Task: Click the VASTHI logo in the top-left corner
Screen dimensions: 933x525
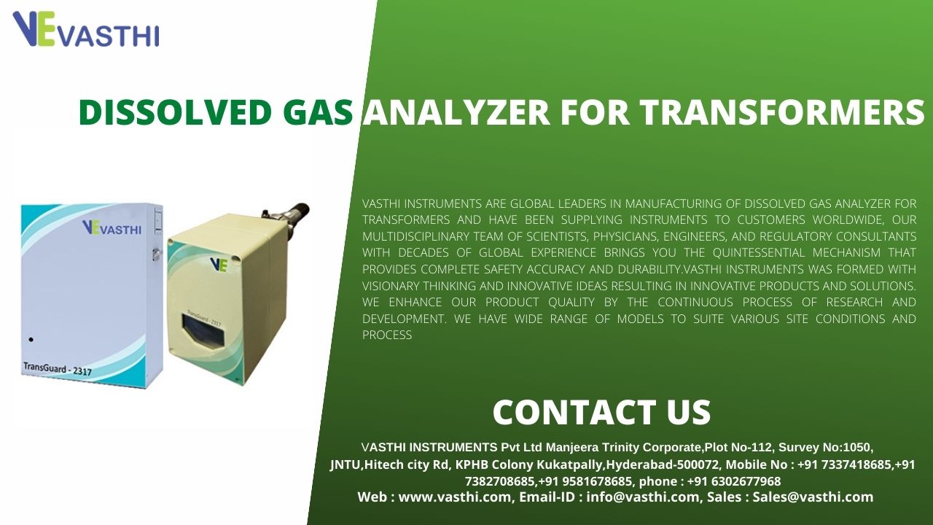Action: click(86, 28)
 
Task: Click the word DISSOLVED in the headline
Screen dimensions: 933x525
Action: click(175, 112)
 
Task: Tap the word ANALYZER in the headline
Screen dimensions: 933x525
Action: click(456, 112)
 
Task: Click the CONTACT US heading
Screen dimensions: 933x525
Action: click(601, 412)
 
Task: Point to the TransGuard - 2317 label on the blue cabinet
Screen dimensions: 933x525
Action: click(58, 369)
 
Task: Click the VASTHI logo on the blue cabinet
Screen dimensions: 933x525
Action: click(112, 228)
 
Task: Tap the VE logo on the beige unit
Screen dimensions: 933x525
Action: click(219, 265)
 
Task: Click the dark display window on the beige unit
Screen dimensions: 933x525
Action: click(203, 329)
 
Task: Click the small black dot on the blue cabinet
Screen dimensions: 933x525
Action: click(31, 340)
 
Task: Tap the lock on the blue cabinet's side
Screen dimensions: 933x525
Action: click(157, 253)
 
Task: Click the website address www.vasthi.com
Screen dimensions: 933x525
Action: click(454, 497)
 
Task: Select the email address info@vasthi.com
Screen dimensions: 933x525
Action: click(642, 497)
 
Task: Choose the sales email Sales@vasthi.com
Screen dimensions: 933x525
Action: click(813, 497)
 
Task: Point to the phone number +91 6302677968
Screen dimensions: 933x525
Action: click(734, 481)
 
